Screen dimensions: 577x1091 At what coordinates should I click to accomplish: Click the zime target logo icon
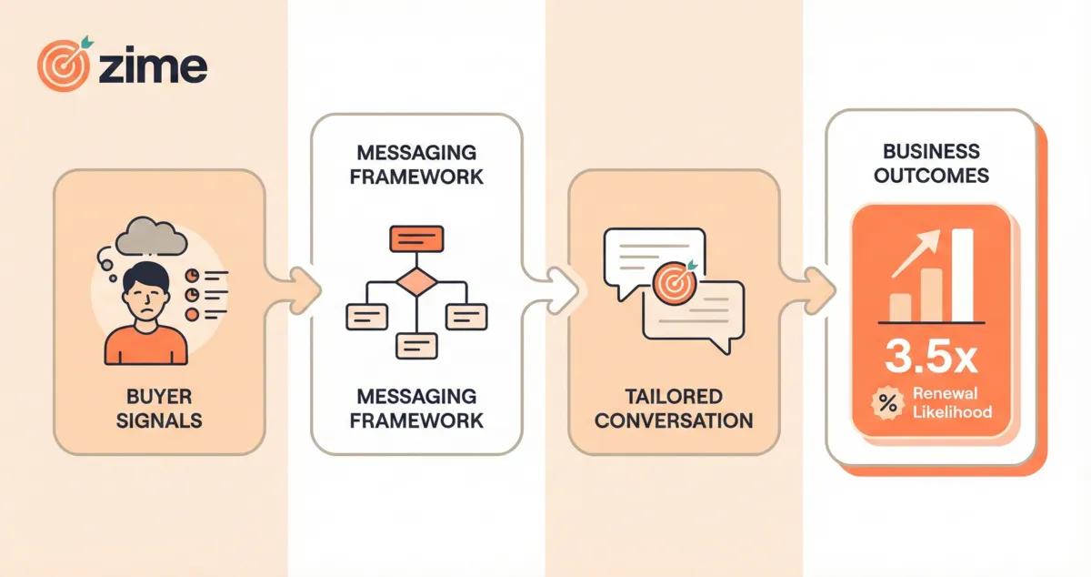coord(65,65)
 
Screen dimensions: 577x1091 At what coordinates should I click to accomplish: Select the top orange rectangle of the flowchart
coord(415,239)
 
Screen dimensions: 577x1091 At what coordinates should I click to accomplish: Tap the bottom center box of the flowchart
coord(415,346)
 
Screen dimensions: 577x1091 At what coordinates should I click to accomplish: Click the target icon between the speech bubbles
coord(673,281)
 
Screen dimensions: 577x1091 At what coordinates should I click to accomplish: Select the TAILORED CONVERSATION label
coord(675,409)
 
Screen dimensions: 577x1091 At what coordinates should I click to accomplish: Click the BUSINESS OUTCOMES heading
coord(931,162)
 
